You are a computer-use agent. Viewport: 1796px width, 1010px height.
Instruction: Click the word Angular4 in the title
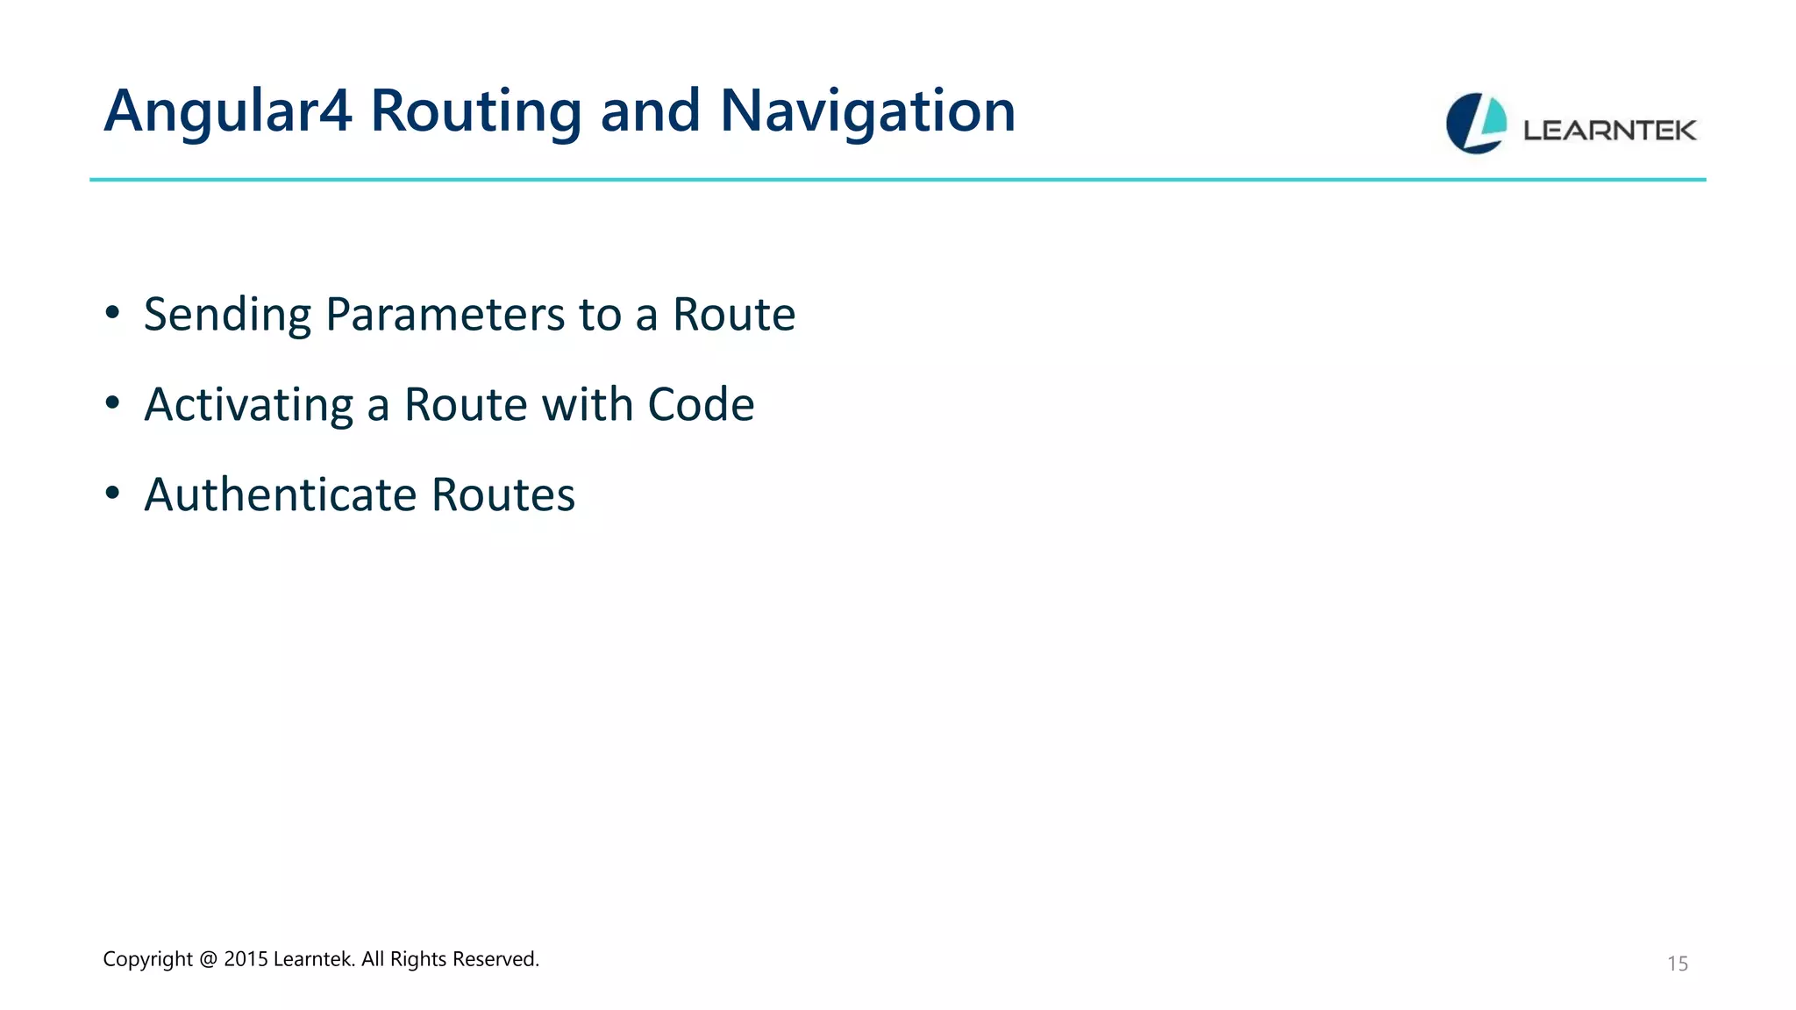point(227,112)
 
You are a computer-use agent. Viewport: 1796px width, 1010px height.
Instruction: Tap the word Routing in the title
point(475,112)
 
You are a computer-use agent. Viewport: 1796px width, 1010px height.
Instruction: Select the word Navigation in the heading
point(867,112)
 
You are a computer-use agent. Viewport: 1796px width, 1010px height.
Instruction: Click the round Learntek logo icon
point(1476,124)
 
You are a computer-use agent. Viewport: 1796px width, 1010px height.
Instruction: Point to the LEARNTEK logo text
point(1609,131)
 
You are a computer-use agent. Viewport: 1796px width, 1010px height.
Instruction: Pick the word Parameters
point(445,315)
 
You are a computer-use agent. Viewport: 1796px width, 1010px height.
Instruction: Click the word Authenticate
point(280,495)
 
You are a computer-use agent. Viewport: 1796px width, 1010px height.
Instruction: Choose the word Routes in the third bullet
point(503,495)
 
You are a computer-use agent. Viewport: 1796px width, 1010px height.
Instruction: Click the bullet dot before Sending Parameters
point(111,312)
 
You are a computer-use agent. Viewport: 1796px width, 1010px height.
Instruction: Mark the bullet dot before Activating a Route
point(111,402)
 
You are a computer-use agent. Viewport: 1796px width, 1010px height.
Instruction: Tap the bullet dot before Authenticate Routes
point(111,493)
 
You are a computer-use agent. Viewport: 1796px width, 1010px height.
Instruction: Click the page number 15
point(1677,964)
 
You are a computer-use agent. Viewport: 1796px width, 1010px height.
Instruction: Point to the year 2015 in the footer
point(246,959)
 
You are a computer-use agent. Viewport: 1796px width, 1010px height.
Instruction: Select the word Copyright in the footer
point(147,959)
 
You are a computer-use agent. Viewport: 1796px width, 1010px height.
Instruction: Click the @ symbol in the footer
point(208,959)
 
